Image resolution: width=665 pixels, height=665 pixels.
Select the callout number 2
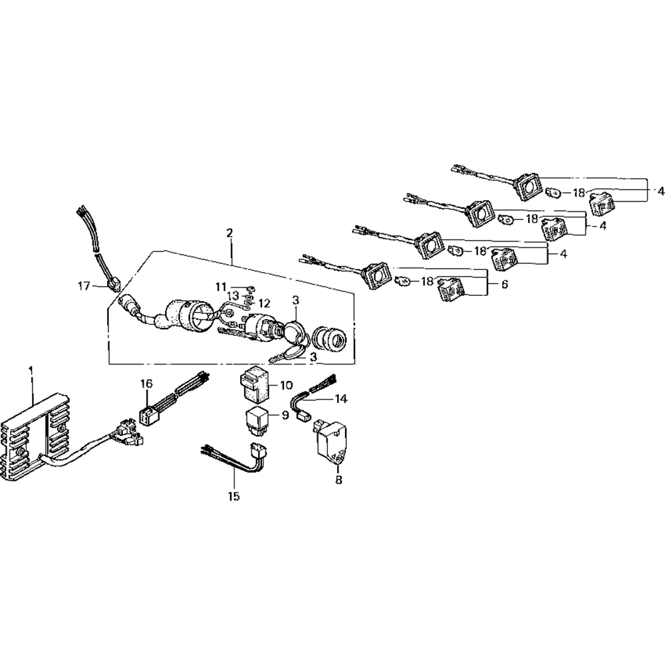(229, 233)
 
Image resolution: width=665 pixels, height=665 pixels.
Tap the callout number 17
(83, 287)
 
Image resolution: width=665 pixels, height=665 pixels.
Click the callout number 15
(235, 496)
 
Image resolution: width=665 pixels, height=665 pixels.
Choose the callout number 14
(341, 399)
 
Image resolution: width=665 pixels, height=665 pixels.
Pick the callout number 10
(286, 385)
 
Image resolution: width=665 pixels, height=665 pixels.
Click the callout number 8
(338, 479)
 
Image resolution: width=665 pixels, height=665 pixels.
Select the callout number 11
(221, 286)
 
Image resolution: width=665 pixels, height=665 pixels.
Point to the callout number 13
(233, 295)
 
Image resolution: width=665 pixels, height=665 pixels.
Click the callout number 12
(265, 303)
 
